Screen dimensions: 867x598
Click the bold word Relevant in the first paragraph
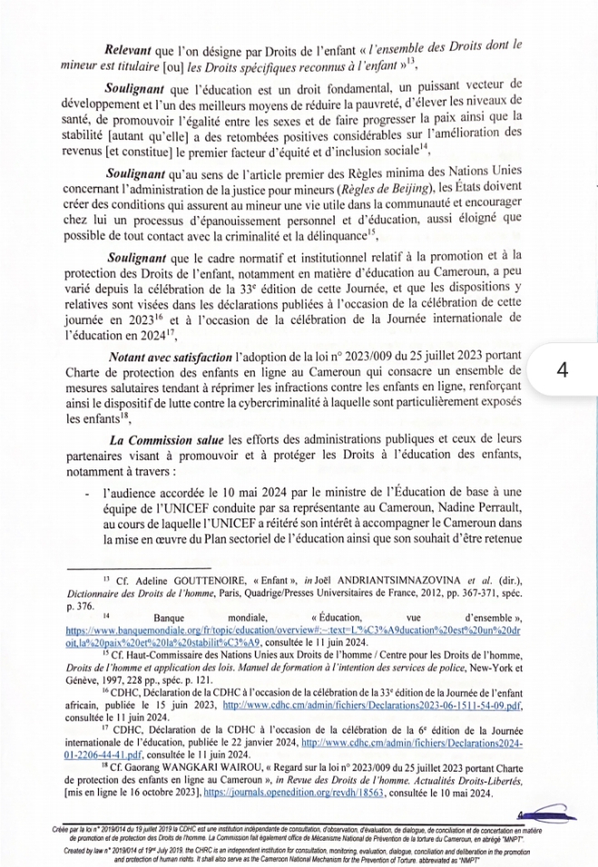pyautogui.click(x=131, y=45)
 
